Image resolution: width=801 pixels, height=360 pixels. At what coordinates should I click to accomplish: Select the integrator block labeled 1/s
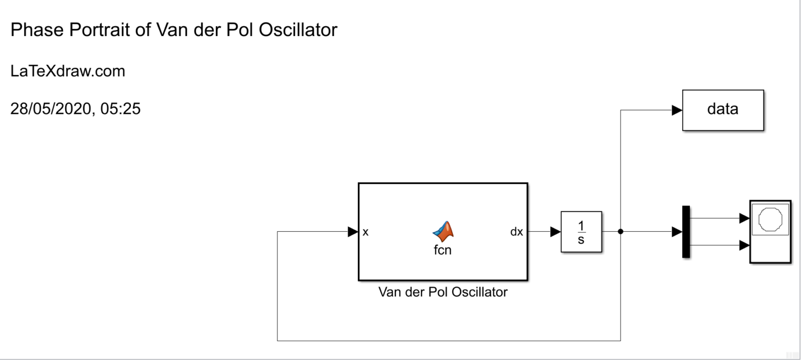point(581,232)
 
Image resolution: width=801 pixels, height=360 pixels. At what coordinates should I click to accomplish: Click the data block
point(722,110)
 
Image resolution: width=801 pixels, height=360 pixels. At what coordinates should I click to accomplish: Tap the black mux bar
point(686,232)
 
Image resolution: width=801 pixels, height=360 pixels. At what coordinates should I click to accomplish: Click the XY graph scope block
point(770,232)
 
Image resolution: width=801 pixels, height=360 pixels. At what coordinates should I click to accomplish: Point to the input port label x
point(366,232)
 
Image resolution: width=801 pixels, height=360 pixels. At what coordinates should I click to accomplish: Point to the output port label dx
point(516,232)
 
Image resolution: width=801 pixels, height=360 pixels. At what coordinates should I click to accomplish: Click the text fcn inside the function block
point(443,250)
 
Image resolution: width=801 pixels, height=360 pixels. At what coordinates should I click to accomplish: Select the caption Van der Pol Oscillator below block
point(443,292)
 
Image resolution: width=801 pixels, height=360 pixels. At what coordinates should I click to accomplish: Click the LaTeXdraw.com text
point(68,71)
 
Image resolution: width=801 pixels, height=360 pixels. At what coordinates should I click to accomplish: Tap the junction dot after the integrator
point(621,232)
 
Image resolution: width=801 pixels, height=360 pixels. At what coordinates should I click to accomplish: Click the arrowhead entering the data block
point(676,110)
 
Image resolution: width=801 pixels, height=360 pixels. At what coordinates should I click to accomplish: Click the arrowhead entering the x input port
point(353,232)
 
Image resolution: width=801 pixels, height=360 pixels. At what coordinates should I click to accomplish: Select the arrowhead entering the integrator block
point(555,232)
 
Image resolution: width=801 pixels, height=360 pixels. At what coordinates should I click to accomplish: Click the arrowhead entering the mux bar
point(676,232)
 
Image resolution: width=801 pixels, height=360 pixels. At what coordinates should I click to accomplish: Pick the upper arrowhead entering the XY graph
point(744,219)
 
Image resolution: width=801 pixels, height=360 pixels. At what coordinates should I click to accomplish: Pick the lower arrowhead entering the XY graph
point(744,245)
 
